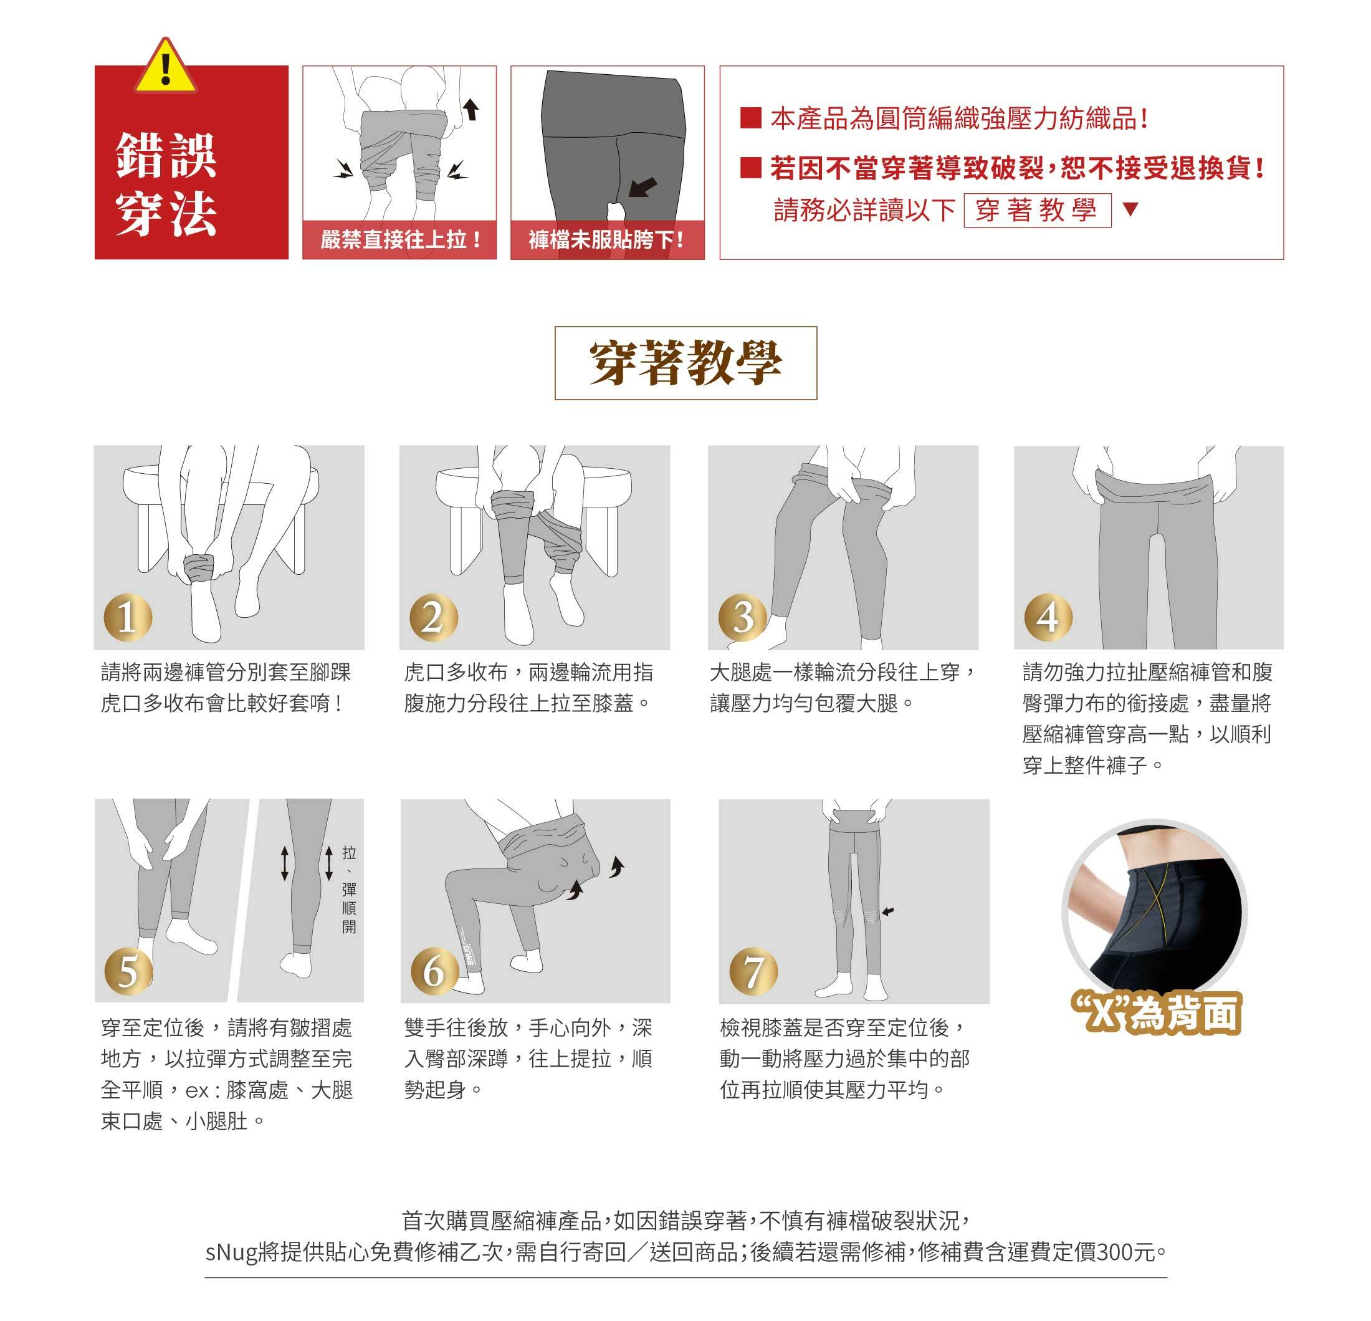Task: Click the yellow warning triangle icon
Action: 165,67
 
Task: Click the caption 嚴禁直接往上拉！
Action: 400,240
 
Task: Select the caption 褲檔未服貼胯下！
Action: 607,240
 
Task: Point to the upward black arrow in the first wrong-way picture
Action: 472,108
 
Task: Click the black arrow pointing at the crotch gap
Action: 643,187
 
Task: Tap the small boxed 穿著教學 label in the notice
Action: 1038,210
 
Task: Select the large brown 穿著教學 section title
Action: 685,363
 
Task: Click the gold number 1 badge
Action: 127,617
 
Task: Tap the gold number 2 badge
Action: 434,617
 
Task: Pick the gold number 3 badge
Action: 743,617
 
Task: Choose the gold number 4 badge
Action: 1048,617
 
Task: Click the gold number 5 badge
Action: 128,971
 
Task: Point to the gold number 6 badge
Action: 434,971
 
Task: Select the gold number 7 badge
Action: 753,971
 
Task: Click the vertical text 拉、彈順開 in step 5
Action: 349,890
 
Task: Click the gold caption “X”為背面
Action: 1155,1013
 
